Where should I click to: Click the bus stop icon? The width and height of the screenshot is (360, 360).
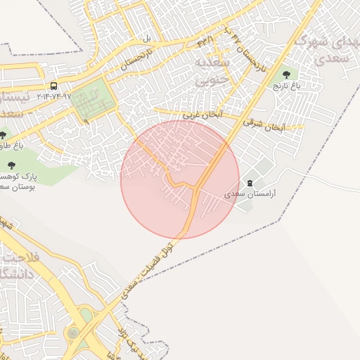click(54, 86)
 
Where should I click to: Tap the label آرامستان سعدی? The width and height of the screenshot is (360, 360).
click(250, 192)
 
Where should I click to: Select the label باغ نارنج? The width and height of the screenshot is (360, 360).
click(286, 85)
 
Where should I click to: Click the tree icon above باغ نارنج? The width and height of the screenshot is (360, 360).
click(286, 74)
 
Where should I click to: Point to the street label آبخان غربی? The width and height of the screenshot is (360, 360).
click(202, 113)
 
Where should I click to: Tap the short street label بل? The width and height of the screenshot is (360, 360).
click(148, 37)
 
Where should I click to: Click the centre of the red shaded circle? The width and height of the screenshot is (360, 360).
click(180, 179)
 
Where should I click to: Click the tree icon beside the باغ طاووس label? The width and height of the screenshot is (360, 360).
click(4, 135)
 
